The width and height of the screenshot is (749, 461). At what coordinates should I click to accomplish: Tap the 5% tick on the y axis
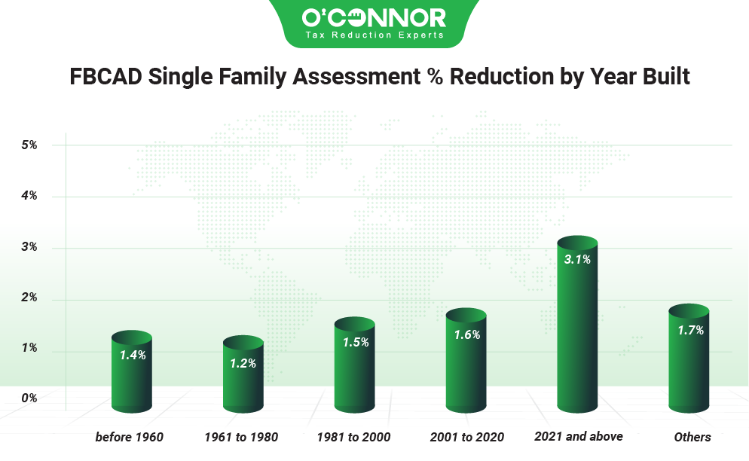tap(29, 145)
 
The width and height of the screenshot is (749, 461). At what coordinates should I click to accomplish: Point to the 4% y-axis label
tap(29, 196)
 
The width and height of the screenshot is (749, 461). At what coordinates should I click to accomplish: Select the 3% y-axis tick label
tap(29, 247)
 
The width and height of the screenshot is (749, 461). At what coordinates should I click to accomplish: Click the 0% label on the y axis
tap(29, 398)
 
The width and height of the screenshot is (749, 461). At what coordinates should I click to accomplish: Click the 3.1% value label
tap(577, 260)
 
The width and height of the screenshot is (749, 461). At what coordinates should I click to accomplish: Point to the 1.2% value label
tap(243, 363)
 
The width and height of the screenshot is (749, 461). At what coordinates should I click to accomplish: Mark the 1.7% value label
tap(689, 330)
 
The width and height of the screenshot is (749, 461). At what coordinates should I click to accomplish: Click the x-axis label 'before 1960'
tap(130, 437)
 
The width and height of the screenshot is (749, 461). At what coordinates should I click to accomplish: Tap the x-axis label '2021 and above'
tap(579, 436)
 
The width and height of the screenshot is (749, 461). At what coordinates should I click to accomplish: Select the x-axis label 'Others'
tap(692, 437)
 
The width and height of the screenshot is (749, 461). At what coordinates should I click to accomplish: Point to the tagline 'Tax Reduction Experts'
tap(374, 35)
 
